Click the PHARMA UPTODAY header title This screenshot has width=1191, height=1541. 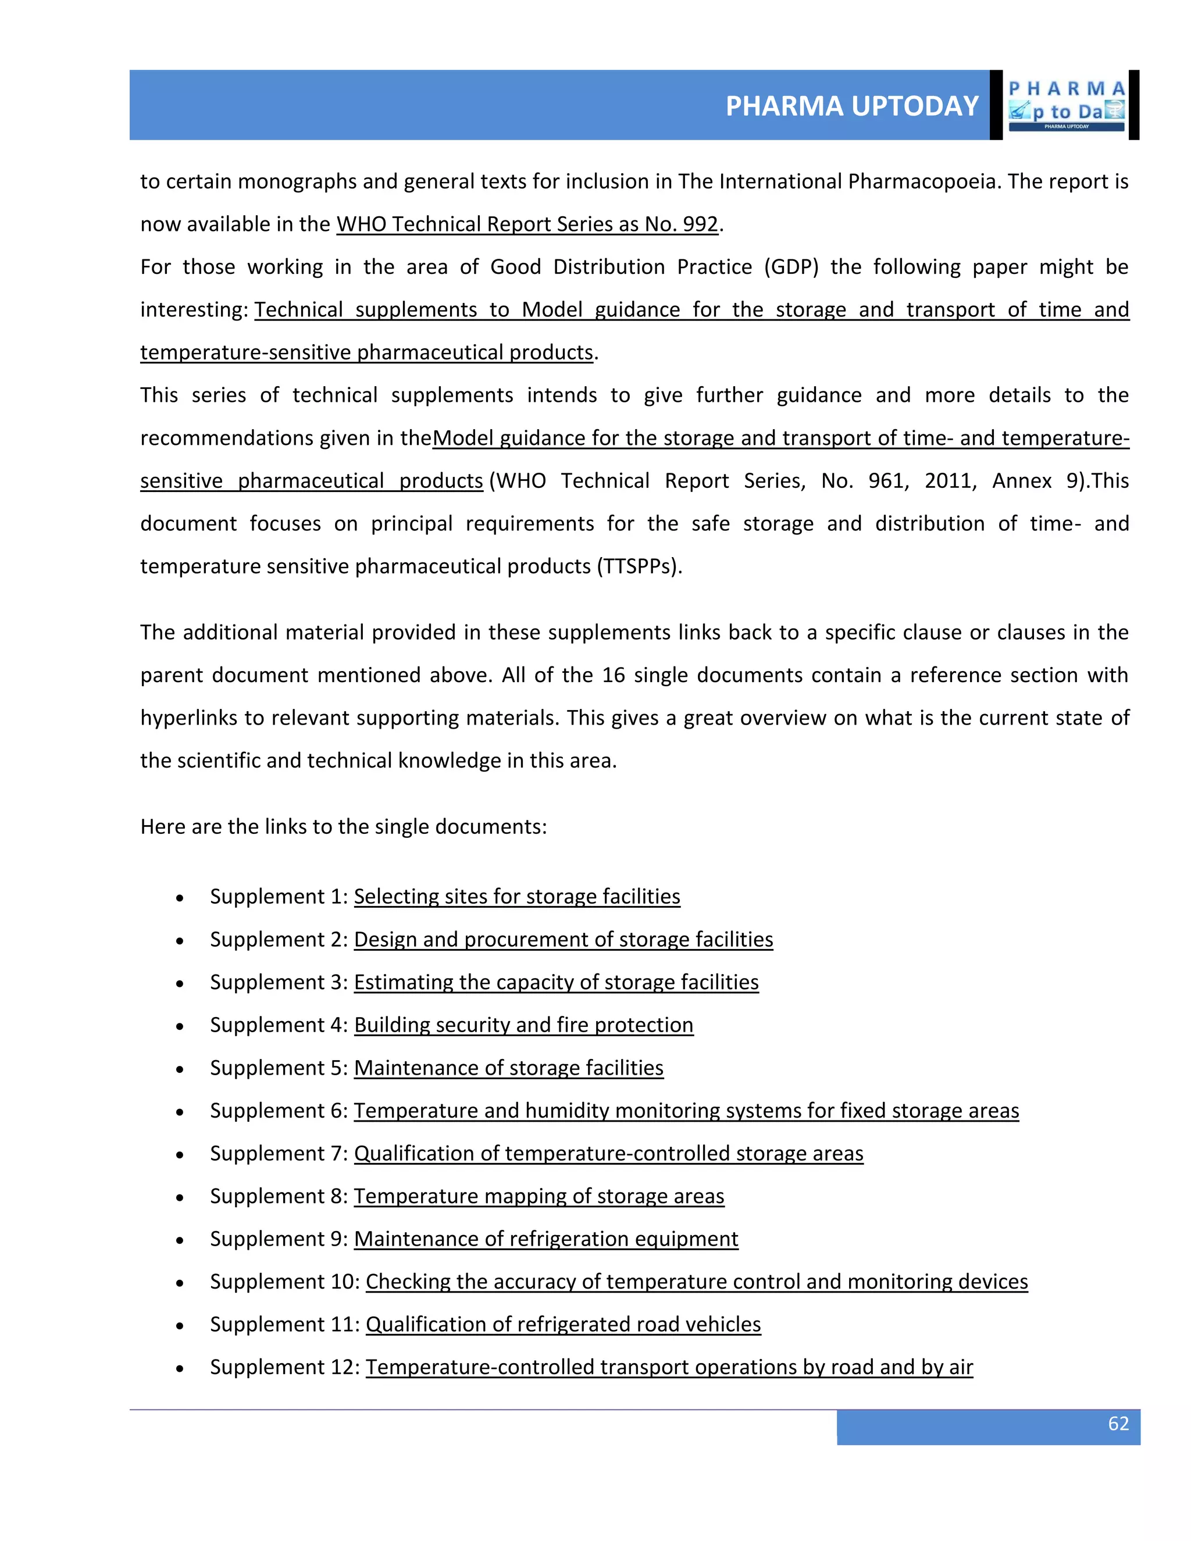pos(851,106)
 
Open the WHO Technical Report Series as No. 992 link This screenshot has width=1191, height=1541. pos(527,224)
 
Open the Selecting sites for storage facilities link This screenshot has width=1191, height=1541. pos(516,896)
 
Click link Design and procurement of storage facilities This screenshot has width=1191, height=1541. pos(563,939)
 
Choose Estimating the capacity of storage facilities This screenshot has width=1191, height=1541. pos(556,982)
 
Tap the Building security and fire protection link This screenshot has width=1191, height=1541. pos(523,1025)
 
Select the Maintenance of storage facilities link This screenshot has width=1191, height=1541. pos(509,1068)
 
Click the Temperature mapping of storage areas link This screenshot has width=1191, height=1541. pos(539,1196)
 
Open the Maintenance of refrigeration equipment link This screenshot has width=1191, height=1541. pos(546,1239)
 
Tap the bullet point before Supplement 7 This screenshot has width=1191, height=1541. pos(181,1154)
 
